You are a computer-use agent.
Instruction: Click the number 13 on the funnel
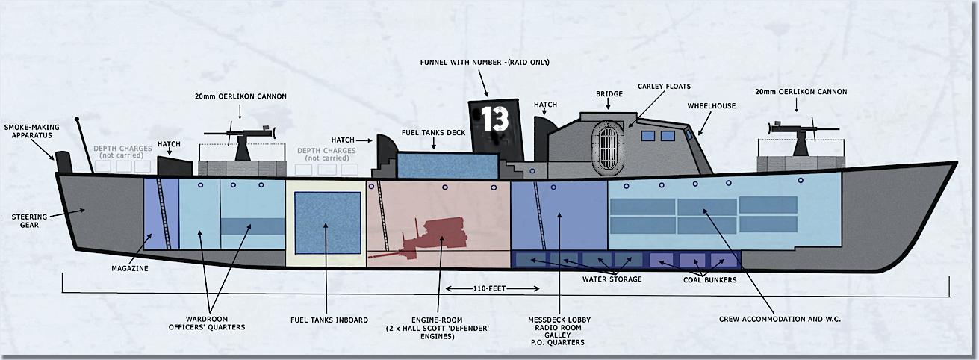coord(495,119)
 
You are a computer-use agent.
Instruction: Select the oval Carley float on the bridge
coord(608,145)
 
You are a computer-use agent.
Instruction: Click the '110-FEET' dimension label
coord(490,288)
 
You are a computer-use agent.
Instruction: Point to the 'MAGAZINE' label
coord(130,268)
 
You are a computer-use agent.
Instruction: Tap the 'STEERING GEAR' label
coord(29,220)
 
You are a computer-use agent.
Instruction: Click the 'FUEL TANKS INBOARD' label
coord(329,320)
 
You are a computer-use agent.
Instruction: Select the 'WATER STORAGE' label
coord(612,279)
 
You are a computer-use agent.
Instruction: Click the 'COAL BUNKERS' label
coord(709,279)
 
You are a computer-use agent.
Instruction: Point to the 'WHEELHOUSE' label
coord(712,106)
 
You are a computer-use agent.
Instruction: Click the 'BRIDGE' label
coord(609,94)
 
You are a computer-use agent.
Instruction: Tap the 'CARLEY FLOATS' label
coord(664,87)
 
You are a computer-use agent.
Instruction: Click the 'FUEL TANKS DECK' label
coord(434,133)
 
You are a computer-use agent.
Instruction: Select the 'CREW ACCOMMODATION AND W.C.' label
coord(780,320)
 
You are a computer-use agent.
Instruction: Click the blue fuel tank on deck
coord(447,166)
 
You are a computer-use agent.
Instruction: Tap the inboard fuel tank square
coord(327,223)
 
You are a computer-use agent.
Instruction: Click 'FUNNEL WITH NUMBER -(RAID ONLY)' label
coord(485,63)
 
